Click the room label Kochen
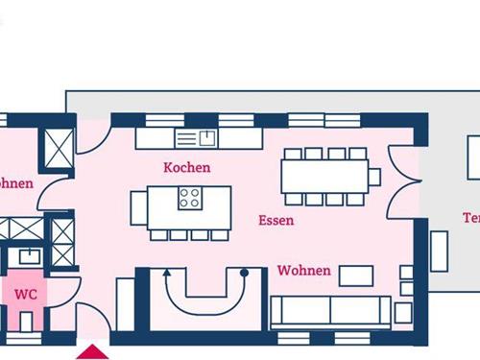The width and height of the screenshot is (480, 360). (x=187, y=167)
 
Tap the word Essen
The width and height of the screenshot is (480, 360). (x=276, y=220)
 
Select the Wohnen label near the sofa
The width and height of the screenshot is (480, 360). (x=303, y=271)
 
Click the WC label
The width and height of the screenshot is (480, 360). (x=26, y=294)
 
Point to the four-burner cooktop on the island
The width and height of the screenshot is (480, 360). (x=190, y=199)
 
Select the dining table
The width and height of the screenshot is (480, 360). (x=324, y=176)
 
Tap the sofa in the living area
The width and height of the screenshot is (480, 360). (x=330, y=311)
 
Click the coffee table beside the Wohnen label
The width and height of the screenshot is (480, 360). (x=357, y=276)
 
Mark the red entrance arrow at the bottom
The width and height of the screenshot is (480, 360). (x=93, y=351)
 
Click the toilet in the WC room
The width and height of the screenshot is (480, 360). (x=26, y=320)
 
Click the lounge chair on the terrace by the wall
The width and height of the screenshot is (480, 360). (x=439, y=251)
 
